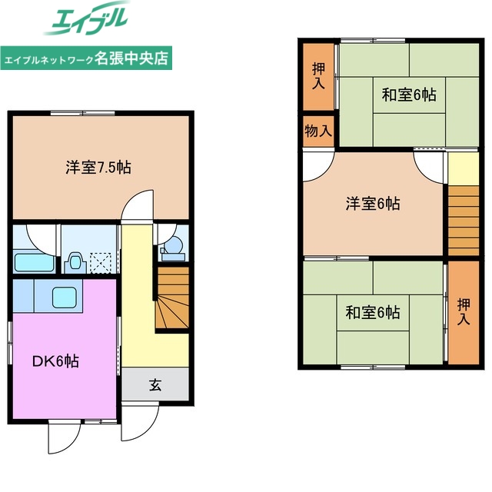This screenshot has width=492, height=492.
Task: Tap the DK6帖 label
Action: pos(55,361)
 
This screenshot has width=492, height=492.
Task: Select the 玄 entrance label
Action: pos(155,384)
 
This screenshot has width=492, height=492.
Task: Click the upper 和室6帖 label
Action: pos(409,95)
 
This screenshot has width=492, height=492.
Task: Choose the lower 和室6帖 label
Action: pos(371,313)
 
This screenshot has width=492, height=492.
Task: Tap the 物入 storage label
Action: pos(317,131)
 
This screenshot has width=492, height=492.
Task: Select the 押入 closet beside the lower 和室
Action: pos(463,311)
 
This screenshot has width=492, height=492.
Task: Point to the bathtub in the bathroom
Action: pos(32,262)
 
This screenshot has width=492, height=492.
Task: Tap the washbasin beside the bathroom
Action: pos(75,259)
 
